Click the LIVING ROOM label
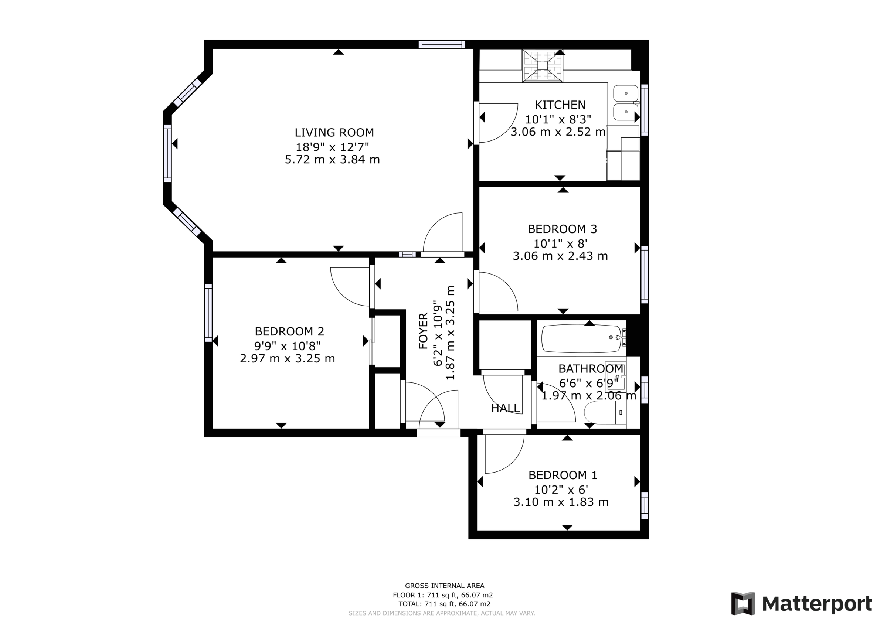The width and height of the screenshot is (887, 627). pos(334,133)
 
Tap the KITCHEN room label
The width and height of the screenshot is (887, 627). pos(560,105)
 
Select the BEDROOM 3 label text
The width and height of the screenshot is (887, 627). pos(562,229)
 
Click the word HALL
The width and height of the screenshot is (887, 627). pos(505,408)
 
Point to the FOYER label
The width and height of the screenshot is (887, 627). pos(424,331)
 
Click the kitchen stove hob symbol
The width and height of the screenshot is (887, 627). pos(543,66)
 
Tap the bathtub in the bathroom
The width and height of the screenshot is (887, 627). pos(581,339)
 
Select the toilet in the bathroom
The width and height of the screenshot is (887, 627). pos(603,413)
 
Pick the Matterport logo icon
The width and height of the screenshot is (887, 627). pos(743,603)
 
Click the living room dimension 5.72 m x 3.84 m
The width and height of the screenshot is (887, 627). pos(332,160)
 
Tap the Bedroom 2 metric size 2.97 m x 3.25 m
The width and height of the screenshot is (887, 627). pos(288,358)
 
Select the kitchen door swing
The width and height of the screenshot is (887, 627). pos(498,123)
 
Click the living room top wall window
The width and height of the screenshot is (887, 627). pos(442,44)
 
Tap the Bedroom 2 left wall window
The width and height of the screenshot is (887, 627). pos(208,313)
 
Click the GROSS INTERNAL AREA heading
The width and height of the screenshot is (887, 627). pos(444,586)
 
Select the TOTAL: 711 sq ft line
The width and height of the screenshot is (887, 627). pos(444,604)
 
